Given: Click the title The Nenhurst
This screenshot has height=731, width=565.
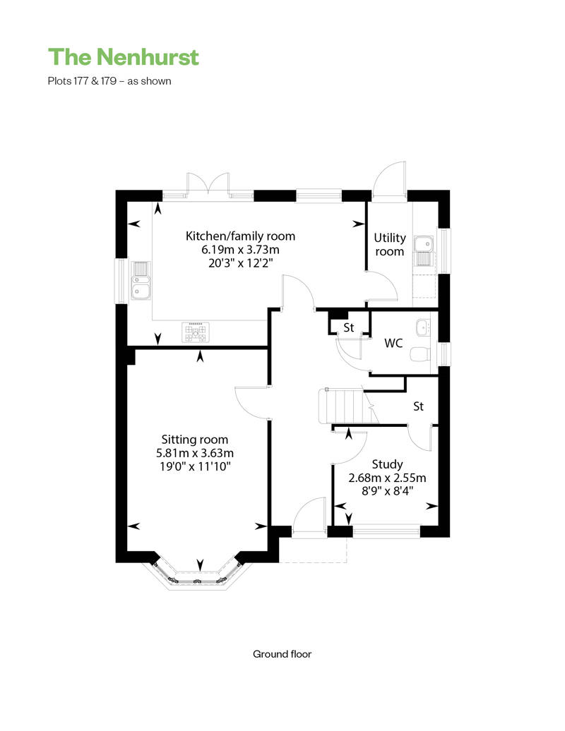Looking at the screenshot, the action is pyautogui.click(x=123, y=57).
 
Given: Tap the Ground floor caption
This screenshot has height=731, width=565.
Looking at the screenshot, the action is pyautogui.click(x=282, y=654).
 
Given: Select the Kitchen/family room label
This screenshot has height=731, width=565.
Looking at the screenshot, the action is pyautogui.click(x=240, y=236).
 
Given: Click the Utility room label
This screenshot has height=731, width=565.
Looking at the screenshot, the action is pyautogui.click(x=390, y=244).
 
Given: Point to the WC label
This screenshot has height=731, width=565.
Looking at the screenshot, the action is pyautogui.click(x=393, y=343).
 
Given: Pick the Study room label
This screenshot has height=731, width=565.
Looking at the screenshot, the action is pyautogui.click(x=387, y=464).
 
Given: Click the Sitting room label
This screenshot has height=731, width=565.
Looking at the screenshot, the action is pyautogui.click(x=194, y=439).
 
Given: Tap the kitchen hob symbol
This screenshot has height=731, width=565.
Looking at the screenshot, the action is pyautogui.click(x=196, y=332).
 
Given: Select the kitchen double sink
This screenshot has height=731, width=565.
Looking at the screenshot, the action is pyautogui.click(x=141, y=280).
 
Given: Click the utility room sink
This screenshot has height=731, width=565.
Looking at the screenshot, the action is pyautogui.click(x=424, y=250).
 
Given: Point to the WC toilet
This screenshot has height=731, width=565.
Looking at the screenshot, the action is pyautogui.click(x=420, y=354).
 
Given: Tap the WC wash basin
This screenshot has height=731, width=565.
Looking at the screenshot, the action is pyautogui.click(x=423, y=327).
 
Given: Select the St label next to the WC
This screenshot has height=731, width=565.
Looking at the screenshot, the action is pyautogui.click(x=348, y=327).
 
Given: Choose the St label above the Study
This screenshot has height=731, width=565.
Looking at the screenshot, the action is pyautogui.click(x=419, y=406).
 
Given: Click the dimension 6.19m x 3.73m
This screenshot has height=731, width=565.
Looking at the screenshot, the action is pyautogui.click(x=240, y=249).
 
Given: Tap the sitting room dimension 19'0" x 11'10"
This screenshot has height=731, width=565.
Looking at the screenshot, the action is pyautogui.click(x=195, y=466).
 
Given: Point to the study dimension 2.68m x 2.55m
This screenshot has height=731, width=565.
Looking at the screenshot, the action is pyautogui.click(x=387, y=478).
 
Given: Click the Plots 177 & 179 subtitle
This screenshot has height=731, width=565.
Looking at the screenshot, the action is pyautogui.click(x=109, y=81).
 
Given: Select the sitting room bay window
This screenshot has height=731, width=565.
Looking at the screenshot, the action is pyautogui.click(x=197, y=576).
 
